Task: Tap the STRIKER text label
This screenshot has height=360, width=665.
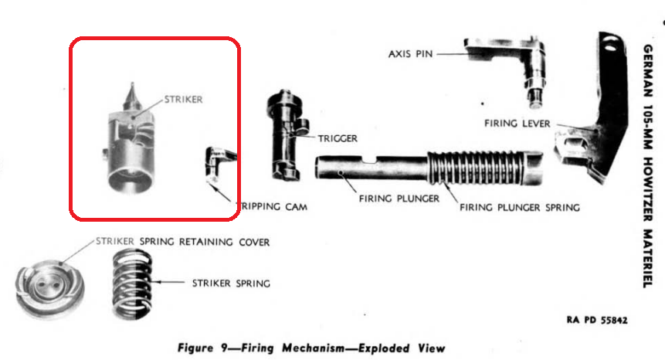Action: pos(183,100)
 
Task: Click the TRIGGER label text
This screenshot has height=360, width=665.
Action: pos(338,138)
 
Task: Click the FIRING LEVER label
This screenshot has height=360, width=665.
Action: pos(517,123)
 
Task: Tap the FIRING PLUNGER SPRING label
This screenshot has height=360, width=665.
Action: pos(519,208)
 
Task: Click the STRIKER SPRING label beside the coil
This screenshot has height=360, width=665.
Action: pos(231,283)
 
